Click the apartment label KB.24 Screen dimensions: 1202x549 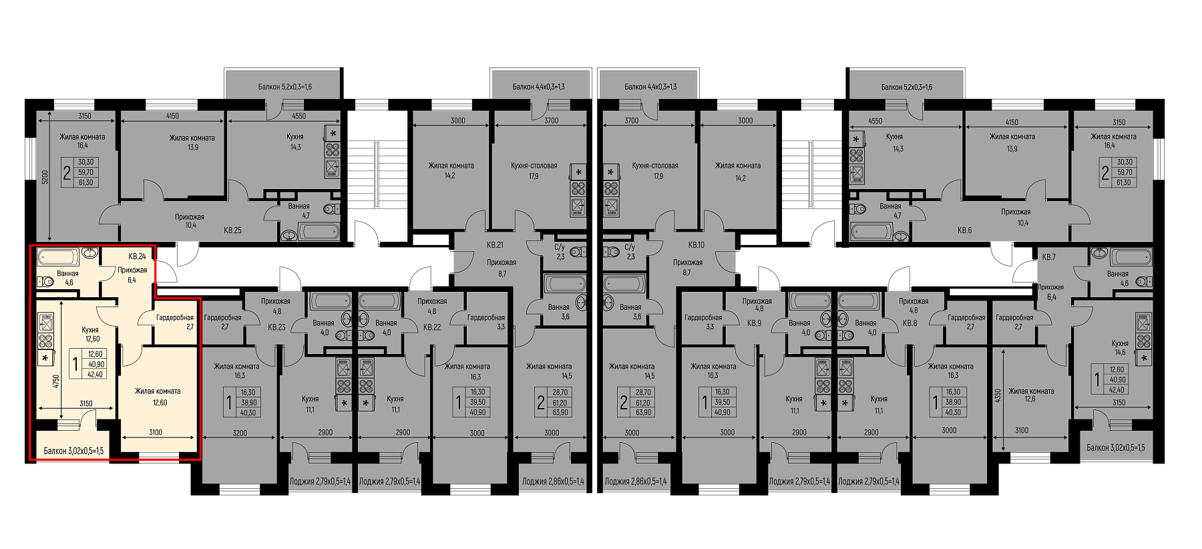pyautogui.click(x=138, y=256)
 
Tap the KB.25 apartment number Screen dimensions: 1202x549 pyautogui.click(x=232, y=230)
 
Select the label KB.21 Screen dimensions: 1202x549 pyautogui.click(x=495, y=244)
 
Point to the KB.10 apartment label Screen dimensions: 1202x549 pyautogui.click(x=696, y=244)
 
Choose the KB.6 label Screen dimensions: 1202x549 pyautogui.click(x=964, y=230)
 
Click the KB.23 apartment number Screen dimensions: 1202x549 pyautogui.click(x=276, y=327)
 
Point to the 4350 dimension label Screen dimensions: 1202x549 pyautogui.click(x=998, y=396)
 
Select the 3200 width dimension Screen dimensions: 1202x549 pyautogui.click(x=240, y=433)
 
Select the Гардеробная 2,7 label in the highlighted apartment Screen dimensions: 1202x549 pyautogui.click(x=175, y=322)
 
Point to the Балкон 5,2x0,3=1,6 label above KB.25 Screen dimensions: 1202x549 pyautogui.click(x=285, y=87)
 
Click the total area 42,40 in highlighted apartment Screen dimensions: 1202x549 pyautogui.click(x=95, y=375)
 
